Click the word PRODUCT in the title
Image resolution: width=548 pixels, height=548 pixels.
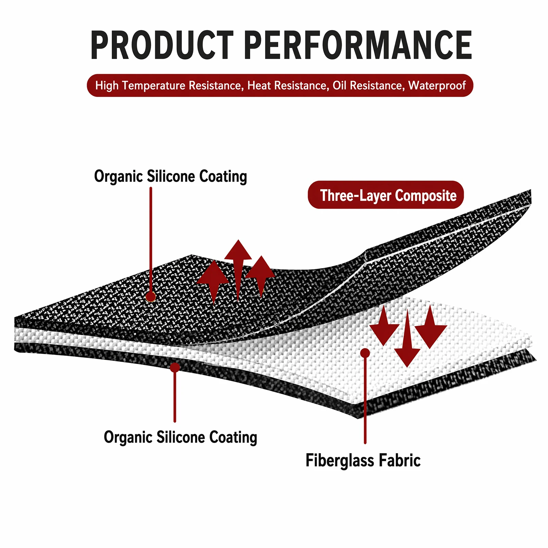(x=162, y=45)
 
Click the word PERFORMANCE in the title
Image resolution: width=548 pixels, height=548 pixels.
(x=358, y=45)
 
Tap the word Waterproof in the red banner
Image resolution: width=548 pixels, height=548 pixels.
(x=437, y=85)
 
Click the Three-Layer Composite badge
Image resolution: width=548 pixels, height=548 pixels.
(x=386, y=195)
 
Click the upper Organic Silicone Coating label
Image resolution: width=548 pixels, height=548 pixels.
(x=171, y=176)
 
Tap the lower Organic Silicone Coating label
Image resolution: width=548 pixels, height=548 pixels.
(x=180, y=437)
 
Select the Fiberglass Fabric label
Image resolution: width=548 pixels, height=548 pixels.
(x=363, y=460)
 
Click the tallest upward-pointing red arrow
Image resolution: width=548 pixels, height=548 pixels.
(x=238, y=270)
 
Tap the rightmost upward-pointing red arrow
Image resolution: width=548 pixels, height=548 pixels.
(x=261, y=276)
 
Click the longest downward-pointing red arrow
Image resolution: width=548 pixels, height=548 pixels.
(x=407, y=339)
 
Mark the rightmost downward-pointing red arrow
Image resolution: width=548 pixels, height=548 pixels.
(x=431, y=327)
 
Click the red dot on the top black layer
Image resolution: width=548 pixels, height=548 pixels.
(x=151, y=297)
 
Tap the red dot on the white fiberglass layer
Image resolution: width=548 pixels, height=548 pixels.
(x=365, y=353)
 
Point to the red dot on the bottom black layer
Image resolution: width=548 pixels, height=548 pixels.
(x=175, y=368)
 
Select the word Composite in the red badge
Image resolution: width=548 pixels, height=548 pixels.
(x=426, y=196)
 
